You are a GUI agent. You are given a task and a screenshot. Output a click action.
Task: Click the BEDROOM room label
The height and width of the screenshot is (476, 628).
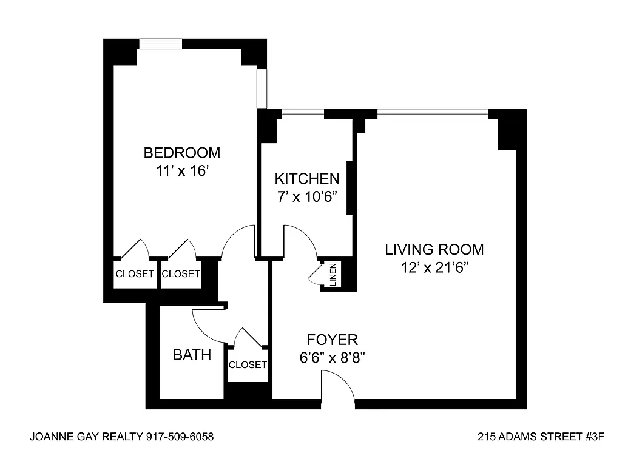(182, 153)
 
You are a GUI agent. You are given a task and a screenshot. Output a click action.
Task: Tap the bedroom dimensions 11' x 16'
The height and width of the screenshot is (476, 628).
(183, 172)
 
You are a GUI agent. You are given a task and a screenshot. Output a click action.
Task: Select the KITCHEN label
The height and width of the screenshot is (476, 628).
(307, 178)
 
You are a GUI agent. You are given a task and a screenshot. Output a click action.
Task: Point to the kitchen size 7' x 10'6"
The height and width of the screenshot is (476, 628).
(307, 197)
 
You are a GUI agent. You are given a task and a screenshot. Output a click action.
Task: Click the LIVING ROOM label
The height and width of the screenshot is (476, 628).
(434, 249)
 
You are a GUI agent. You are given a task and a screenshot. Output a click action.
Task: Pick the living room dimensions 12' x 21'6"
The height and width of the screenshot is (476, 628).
(434, 267)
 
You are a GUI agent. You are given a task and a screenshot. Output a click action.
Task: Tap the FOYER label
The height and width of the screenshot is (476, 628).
(333, 340)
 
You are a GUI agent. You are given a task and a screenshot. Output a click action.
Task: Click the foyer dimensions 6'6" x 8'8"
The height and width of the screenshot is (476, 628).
(332, 358)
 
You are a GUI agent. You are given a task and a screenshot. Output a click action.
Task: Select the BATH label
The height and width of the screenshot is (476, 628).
(192, 355)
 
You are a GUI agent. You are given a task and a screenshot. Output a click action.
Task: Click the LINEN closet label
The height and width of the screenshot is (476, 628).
(333, 275)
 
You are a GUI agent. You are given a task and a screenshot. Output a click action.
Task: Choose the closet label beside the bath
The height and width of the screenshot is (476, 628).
(248, 364)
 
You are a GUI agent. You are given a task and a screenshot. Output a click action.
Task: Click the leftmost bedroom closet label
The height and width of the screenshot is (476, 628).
(135, 274)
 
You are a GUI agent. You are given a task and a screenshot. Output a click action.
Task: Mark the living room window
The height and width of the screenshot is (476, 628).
(433, 114)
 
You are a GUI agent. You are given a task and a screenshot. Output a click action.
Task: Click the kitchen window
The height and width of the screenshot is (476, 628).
(303, 114)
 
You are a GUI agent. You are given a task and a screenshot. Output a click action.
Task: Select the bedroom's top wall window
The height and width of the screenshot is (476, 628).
(161, 44)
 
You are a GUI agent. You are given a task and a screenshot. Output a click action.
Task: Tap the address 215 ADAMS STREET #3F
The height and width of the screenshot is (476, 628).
(541, 437)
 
